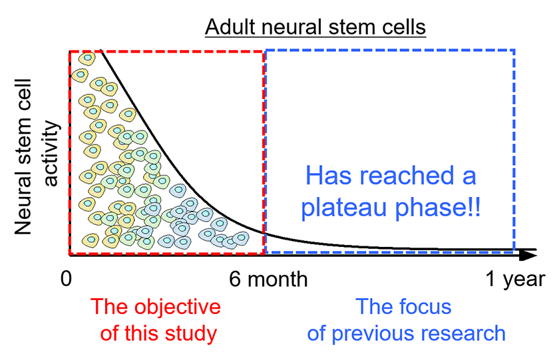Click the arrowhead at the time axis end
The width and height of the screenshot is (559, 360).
point(529,254)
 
